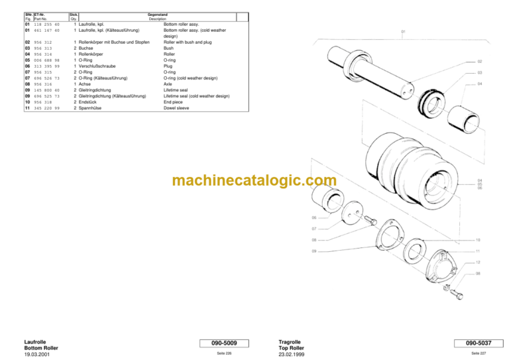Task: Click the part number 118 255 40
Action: pos(46,25)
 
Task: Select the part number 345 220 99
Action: pos(46,107)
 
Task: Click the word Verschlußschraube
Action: pos(99,66)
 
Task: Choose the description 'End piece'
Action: pos(174,101)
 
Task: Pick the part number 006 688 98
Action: pos(46,60)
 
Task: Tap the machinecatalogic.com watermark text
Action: pos(254,180)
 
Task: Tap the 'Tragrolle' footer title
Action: pos(292,341)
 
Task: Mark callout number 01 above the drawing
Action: pos(403,31)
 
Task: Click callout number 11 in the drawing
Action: pos(477,251)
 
